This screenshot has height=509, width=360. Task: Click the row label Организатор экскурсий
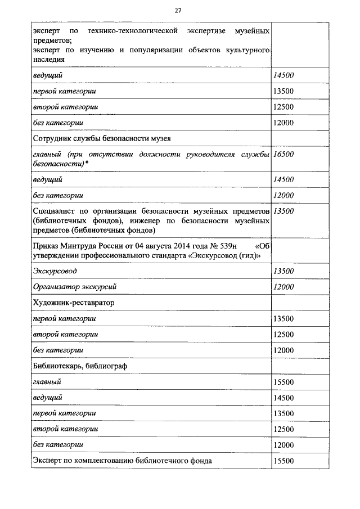pyautogui.click(x=74, y=286)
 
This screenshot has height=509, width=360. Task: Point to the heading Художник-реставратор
pyautogui.click(x=73, y=303)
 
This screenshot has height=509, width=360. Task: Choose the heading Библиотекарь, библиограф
pyautogui.click(x=80, y=366)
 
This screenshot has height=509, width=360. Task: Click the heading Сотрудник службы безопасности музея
pyautogui.click(x=102, y=138)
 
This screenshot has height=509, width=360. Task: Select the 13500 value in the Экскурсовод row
pyautogui.click(x=283, y=271)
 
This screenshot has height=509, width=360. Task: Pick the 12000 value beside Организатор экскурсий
pyautogui.click(x=283, y=286)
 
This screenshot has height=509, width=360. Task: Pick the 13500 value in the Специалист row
pyautogui.click(x=283, y=211)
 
